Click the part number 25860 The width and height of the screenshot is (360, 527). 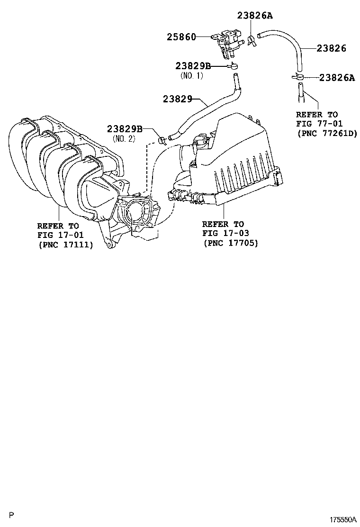[x=181, y=36]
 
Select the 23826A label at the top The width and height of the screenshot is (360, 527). [x=255, y=15]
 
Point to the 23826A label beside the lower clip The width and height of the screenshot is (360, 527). [x=336, y=78]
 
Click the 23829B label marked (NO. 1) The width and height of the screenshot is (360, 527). [x=193, y=66]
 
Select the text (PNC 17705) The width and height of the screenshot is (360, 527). [x=231, y=243]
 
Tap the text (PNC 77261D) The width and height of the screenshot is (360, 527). [x=327, y=133]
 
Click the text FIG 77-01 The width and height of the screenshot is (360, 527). [x=316, y=124]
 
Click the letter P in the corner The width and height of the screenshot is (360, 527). [x=12, y=515]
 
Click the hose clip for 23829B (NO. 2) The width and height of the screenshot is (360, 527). [x=162, y=139]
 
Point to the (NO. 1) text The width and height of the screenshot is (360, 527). [x=191, y=75]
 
